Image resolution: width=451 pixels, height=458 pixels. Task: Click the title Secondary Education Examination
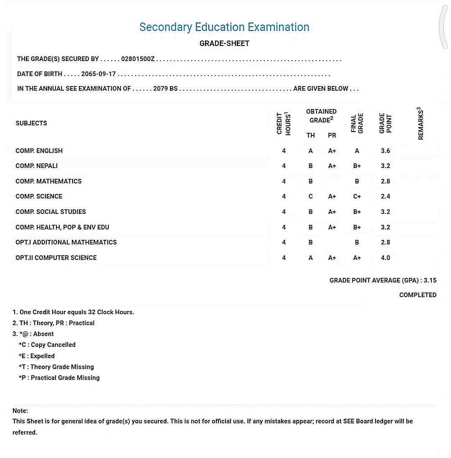(224, 27)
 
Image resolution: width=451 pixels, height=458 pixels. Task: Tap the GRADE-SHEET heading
(224, 43)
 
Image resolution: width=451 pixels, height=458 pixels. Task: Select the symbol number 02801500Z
(138, 59)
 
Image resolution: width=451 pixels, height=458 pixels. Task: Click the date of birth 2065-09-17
(98, 74)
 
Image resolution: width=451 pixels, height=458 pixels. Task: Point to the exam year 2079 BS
(165, 89)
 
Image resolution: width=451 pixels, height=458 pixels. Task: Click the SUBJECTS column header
(31, 123)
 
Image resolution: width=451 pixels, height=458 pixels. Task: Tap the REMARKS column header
(421, 124)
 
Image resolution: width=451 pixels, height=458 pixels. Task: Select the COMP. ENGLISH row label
(39, 151)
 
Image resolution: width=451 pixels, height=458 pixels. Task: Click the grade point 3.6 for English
(385, 151)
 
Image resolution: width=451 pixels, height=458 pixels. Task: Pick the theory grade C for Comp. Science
(311, 196)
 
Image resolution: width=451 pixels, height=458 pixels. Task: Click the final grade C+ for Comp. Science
(357, 196)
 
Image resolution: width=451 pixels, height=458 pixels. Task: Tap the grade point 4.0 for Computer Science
(385, 258)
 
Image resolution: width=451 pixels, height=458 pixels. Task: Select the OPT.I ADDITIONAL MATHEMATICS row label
(66, 242)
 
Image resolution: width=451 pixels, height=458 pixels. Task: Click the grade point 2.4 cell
(385, 196)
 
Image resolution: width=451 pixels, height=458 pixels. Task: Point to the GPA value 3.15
(430, 280)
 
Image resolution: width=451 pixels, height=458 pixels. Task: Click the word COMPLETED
(418, 295)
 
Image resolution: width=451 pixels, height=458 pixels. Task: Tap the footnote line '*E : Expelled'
(37, 356)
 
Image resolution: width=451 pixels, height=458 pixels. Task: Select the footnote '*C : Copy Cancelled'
(47, 345)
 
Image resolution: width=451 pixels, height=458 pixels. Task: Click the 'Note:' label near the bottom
(20, 411)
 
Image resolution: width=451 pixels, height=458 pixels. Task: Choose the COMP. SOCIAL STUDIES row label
(51, 212)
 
